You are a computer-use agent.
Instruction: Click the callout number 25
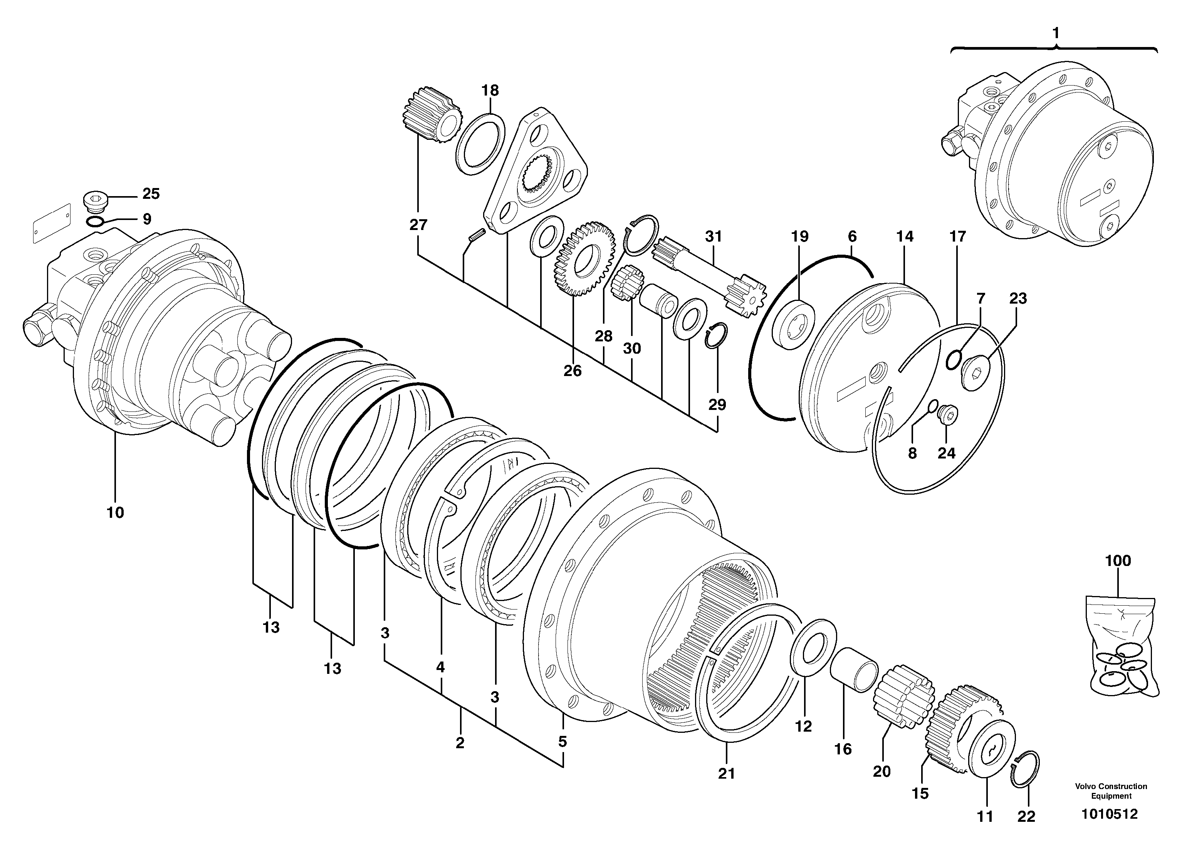click(x=151, y=194)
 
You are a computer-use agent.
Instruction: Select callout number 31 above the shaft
click(x=714, y=236)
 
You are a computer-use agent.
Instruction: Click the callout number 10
click(x=115, y=513)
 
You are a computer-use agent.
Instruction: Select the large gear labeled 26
click(x=584, y=258)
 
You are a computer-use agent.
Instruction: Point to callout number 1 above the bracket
click(x=1055, y=34)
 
